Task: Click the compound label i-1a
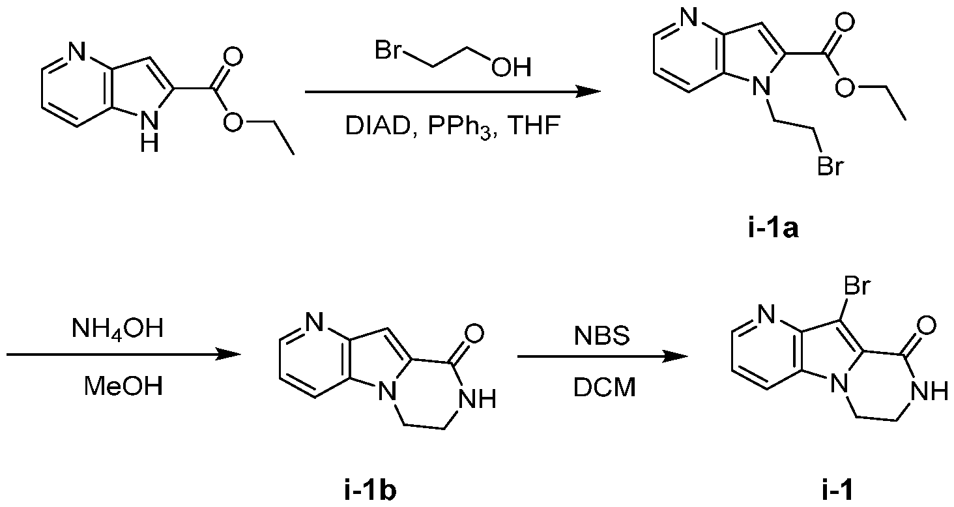[773, 228]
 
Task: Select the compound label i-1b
[370, 491]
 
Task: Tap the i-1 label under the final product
[838, 491]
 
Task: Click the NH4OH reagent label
[117, 329]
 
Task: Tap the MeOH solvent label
[124, 386]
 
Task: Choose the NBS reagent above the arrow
[601, 336]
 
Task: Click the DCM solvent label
[604, 388]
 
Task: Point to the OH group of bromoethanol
[511, 67]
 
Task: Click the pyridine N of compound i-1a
[688, 18]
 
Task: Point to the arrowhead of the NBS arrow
[676, 356]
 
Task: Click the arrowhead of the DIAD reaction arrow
[588, 91]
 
